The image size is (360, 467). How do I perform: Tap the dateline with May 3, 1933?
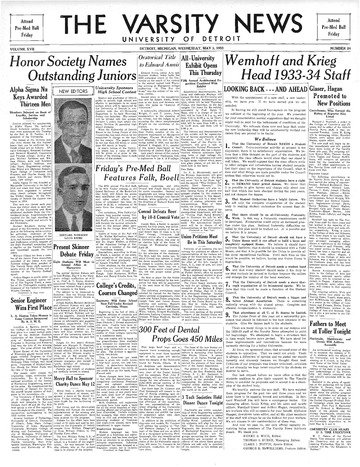pos(179,49)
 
